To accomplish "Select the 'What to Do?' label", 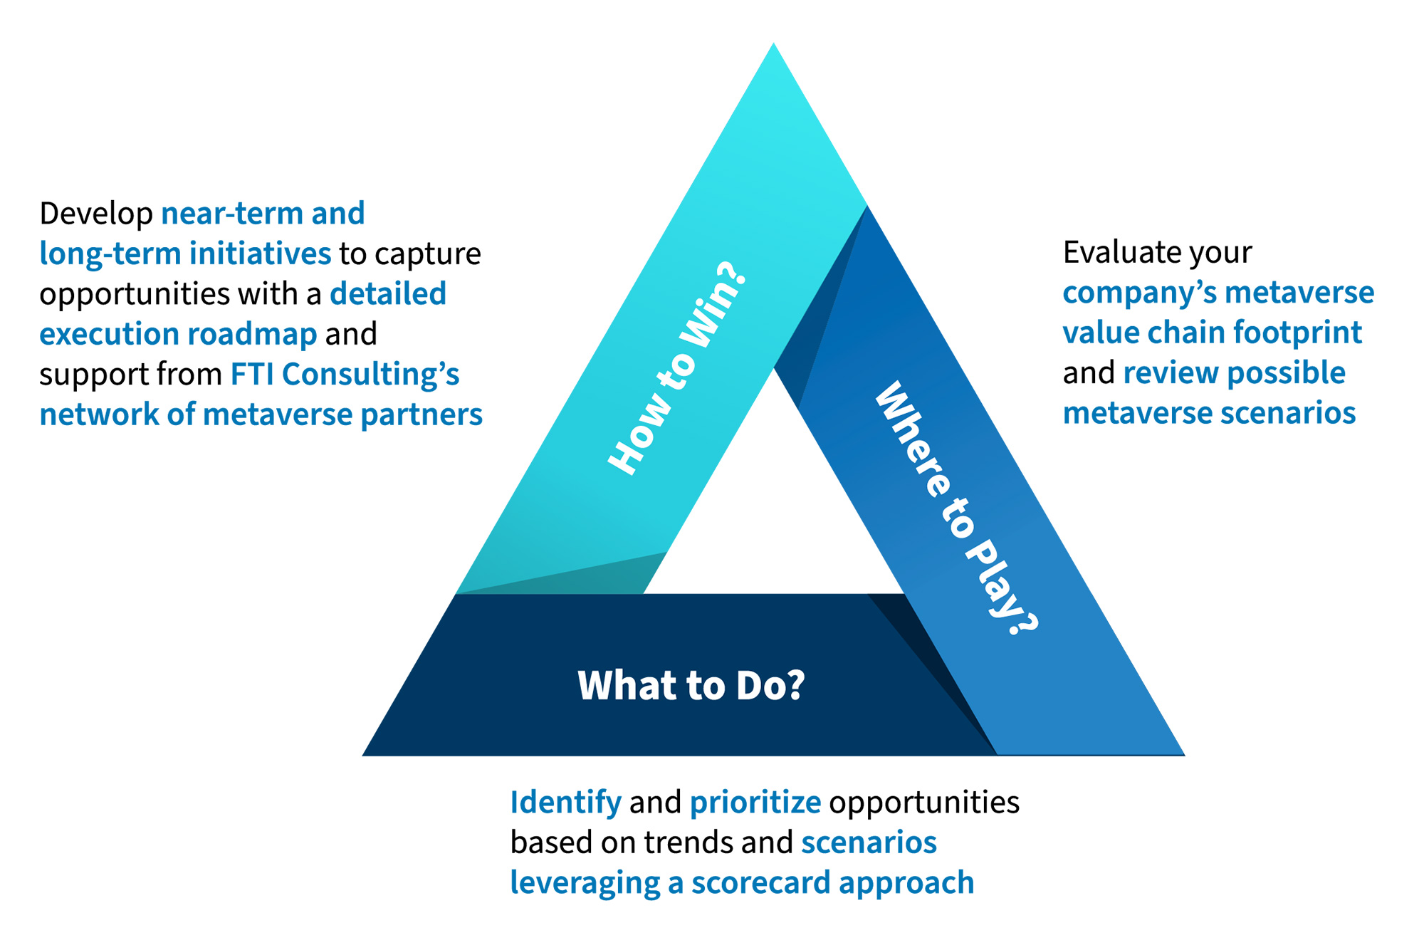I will pyautogui.click(x=691, y=685).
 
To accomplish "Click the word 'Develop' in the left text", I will pyautogui.click(x=96, y=214).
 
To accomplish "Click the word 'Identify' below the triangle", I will pyautogui.click(x=565, y=803).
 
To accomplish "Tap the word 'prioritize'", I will pyautogui.click(x=755, y=803).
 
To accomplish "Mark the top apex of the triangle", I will pyautogui.click(x=773, y=47).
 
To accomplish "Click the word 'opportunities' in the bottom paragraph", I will pyautogui.click(x=924, y=803).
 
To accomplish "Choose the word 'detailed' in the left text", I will pyautogui.click(x=388, y=294).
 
